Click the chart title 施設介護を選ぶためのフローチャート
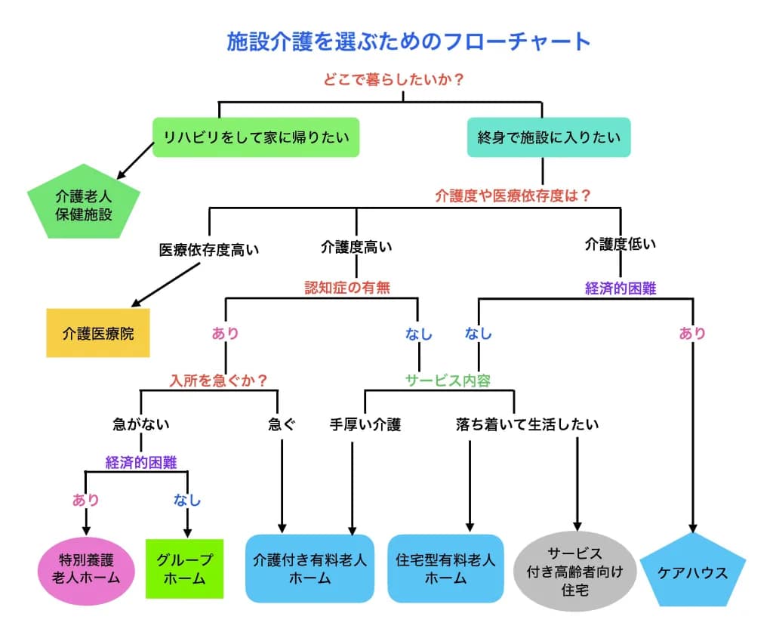coord(408,42)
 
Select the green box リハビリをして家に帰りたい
coord(256,137)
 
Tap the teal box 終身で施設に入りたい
coord(549,137)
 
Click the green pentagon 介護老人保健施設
coord(84,203)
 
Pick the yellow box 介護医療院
coord(98,333)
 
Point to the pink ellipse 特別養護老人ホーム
coord(86,571)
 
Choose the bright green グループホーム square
coord(184,569)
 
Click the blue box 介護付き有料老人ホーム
coord(310,569)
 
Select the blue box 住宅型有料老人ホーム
coord(445,569)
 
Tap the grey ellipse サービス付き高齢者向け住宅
coord(574,572)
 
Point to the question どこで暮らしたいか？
coord(393,79)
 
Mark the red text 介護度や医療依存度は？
coord(513,196)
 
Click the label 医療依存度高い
coord(209,250)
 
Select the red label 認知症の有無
coord(347,288)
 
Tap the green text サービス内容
coord(448,380)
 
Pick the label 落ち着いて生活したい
coord(527,424)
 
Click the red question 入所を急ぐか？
coord(218,380)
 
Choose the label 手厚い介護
coord(365,424)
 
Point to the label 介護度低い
coord(621,244)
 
